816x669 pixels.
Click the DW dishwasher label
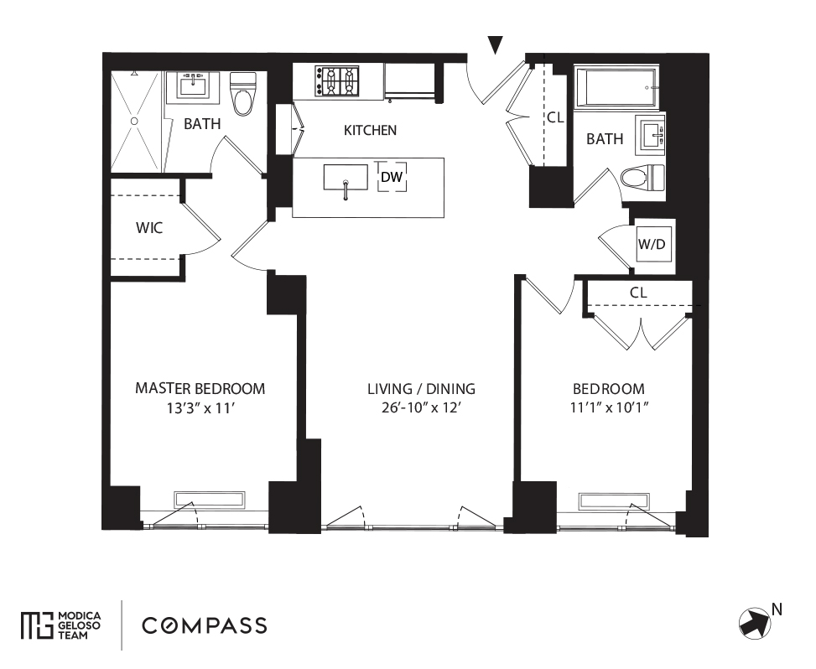pyautogui.click(x=392, y=177)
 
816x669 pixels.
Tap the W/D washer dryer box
pyautogui.click(x=652, y=245)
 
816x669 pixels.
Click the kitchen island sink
pyautogui.click(x=345, y=179)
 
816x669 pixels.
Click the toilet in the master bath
pyautogui.click(x=244, y=95)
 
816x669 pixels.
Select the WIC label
pyautogui.click(x=149, y=227)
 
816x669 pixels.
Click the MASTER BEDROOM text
pyautogui.click(x=200, y=389)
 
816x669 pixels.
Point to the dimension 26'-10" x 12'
pyautogui.click(x=421, y=410)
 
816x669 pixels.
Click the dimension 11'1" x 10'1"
pyautogui.click(x=609, y=410)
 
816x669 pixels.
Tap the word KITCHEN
pyautogui.click(x=370, y=131)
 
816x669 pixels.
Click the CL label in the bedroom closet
pyautogui.click(x=638, y=293)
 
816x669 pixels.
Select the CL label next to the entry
pyautogui.click(x=555, y=118)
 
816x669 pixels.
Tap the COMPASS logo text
pyautogui.click(x=205, y=625)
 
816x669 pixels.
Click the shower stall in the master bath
pyautogui.click(x=135, y=122)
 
